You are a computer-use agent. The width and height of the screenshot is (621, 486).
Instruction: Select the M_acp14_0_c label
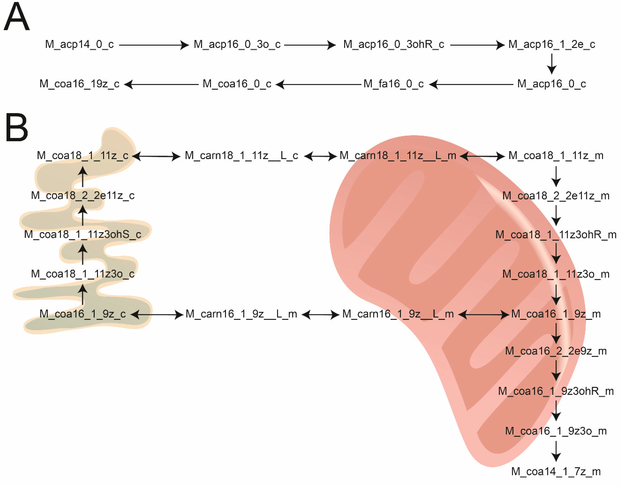79,44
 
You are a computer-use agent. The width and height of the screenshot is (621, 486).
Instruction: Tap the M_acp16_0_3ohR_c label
393,44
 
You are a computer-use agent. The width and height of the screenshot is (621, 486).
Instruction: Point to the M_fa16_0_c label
393,84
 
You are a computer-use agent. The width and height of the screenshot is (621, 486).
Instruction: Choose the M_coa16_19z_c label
79,84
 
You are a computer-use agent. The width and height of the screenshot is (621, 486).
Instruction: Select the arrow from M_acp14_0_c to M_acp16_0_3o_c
154,45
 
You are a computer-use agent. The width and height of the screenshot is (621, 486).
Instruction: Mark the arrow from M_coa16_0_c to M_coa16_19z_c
161,84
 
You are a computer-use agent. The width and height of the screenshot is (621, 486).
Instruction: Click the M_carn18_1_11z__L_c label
241,156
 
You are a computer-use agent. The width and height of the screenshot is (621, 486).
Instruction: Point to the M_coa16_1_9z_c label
83,314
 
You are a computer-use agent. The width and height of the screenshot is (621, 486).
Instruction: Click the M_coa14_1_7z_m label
556,472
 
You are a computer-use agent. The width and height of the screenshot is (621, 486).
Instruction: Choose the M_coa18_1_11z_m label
556,156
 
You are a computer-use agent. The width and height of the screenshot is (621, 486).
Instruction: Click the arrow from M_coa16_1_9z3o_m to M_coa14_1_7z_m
556,451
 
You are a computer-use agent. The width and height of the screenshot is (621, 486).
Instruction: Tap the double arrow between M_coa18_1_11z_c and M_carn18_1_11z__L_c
156,156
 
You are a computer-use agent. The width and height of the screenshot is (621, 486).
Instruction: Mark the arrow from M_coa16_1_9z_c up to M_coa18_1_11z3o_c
83,294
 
